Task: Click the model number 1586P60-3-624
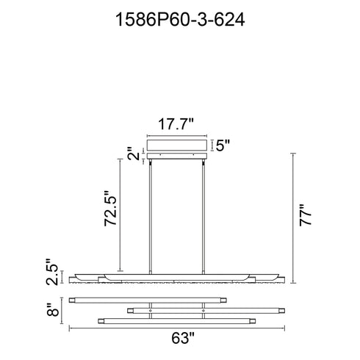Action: tap(180, 20)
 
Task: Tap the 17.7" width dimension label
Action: tap(176, 124)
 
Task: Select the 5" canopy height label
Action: tap(223, 145)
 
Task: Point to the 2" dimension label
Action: tap(134, 154)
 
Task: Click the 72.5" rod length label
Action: tap(110, 208)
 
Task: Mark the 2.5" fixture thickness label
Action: tap(52, 272)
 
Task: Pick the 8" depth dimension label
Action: tap(53, 309)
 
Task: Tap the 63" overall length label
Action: tap(183, 338)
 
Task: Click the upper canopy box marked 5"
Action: tap(177, 145)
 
